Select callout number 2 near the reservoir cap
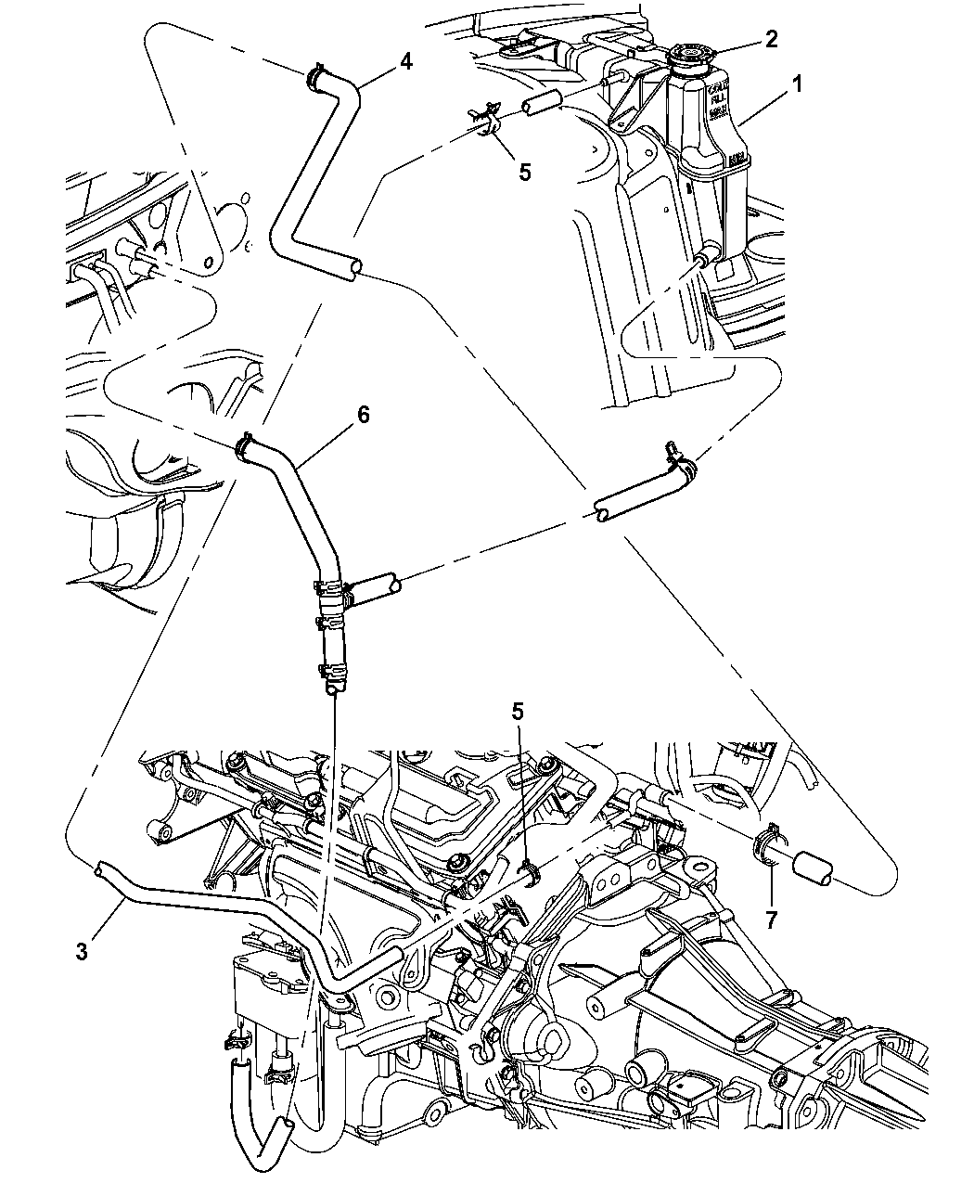(770, 39)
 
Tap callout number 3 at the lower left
(83, 952)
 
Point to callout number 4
(405, 61)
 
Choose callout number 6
(363, 415)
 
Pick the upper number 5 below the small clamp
(524, 172)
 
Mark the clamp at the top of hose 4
(315, 75)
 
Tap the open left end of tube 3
(97, 868)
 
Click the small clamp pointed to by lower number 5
(528, 872)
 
